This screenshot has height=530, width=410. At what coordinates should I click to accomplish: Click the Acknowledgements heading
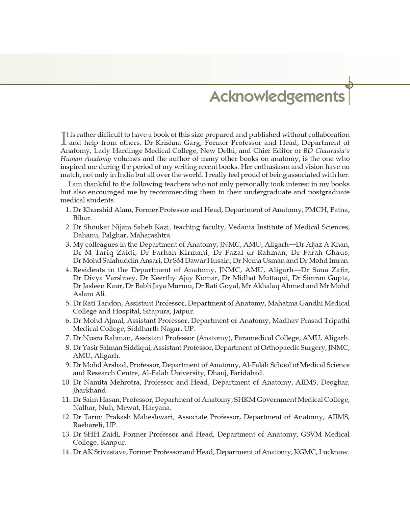click(277, 96)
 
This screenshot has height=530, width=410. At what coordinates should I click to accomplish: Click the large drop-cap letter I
click(63, 138)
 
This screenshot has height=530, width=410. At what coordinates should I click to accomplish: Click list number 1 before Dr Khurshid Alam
click(68, 210)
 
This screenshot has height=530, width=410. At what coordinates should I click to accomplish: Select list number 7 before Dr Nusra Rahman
click(68, 338)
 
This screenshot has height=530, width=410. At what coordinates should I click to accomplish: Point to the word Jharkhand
click(90, 390)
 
